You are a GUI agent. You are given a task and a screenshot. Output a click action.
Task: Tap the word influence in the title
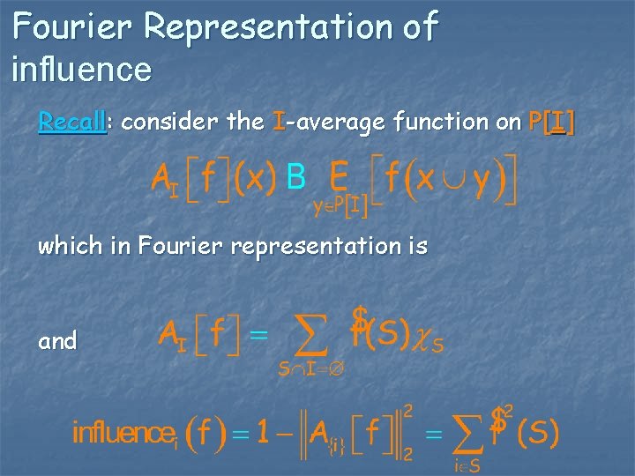click(82, 68)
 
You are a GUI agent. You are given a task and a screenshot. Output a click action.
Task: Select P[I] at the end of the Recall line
click(551, 123)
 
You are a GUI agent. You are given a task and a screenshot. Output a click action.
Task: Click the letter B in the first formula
click(297, 179)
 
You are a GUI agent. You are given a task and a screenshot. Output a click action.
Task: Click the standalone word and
click(57, 340)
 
